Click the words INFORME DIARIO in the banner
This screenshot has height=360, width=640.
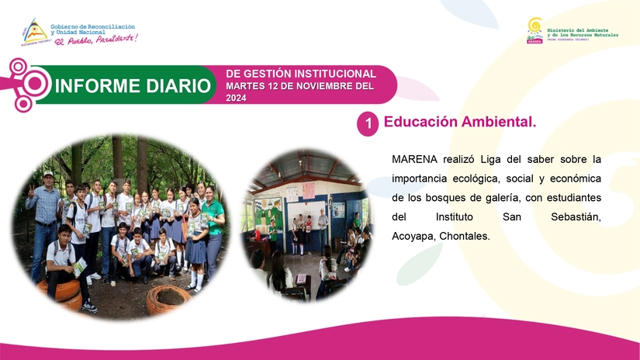point(133,85)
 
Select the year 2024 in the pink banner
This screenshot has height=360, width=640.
point(237,99)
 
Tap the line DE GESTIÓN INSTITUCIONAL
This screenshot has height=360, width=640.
point(300,73)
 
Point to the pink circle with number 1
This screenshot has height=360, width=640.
point(367,123)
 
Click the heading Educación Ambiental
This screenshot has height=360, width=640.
point(460,123)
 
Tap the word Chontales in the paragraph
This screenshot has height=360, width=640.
point(464,235)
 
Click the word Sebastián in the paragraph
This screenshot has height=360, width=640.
point(576,216)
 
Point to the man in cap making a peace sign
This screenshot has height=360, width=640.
point(46,209)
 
